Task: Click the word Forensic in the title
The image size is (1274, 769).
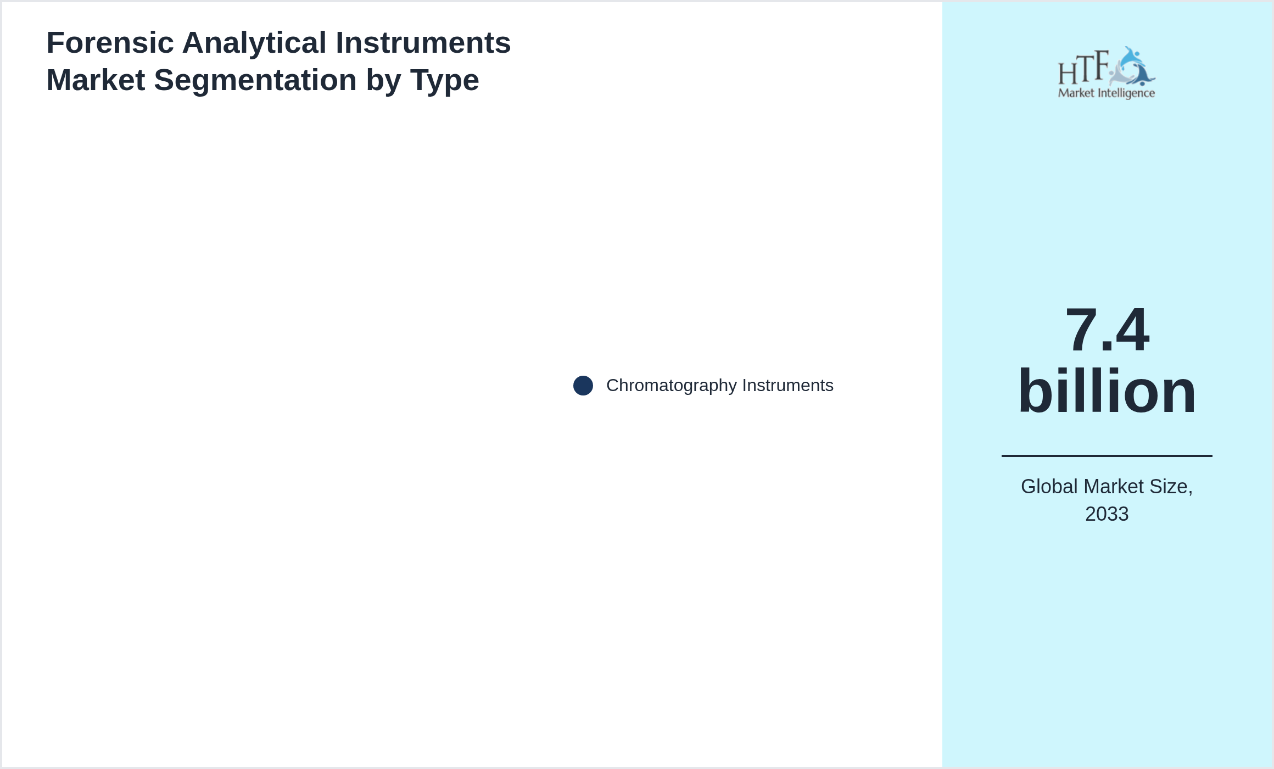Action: click(110, 43)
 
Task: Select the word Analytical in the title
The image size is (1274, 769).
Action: click(254, 43)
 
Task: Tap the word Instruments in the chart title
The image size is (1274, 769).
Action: click(423, 43)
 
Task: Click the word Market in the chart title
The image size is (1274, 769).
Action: click(96, 80)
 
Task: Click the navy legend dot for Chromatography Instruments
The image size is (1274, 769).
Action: click(583, 386)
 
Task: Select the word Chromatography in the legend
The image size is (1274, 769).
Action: click(672, 386)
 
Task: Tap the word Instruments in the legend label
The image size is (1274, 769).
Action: click(788, 385)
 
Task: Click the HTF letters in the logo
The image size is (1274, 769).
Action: click(1083, 68)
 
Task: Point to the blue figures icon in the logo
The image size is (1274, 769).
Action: click(1133, 66)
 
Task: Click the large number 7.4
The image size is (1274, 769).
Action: click(1107, 330)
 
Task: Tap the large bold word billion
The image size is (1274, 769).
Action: click(1107, 391)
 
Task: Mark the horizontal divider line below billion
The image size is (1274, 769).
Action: click(1107, 455)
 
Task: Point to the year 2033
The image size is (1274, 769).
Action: click(1107, 514)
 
